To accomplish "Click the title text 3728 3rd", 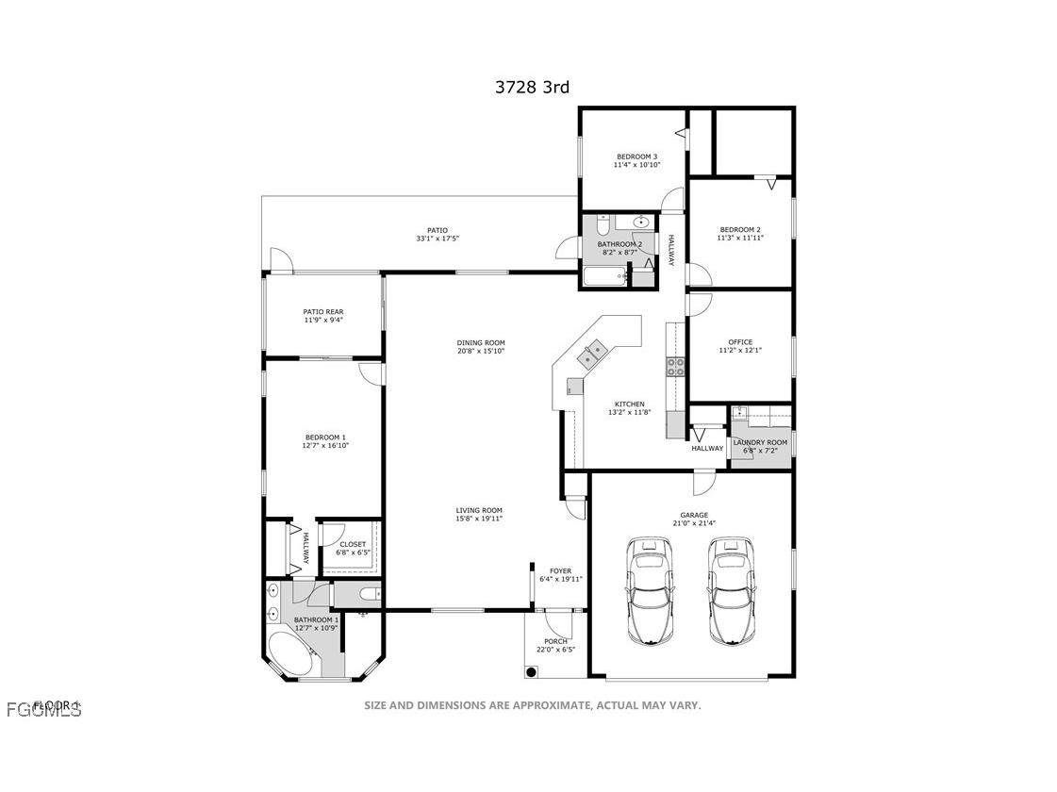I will coord(532,88).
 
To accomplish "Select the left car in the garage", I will coord(649,591).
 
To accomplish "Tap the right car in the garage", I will coord(732,591).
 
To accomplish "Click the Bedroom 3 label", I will coord(636,157).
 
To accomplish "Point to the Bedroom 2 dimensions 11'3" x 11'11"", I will coord(740,238).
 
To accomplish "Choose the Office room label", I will coord(740,342).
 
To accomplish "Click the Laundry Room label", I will coord(760,442).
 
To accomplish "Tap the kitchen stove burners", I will coord(676,367).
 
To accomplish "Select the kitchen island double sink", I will coord(593,354).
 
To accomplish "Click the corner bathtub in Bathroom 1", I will coord(293,652).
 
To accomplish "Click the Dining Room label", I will coord(481,342).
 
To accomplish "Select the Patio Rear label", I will coord(322,311).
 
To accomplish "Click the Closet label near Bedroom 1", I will coord(353,544).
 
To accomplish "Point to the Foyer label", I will coord(560,570).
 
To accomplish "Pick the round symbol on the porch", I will coord(532,671).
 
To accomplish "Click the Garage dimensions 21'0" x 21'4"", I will coord(694,523).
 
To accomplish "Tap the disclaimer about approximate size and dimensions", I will coord(532,705).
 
